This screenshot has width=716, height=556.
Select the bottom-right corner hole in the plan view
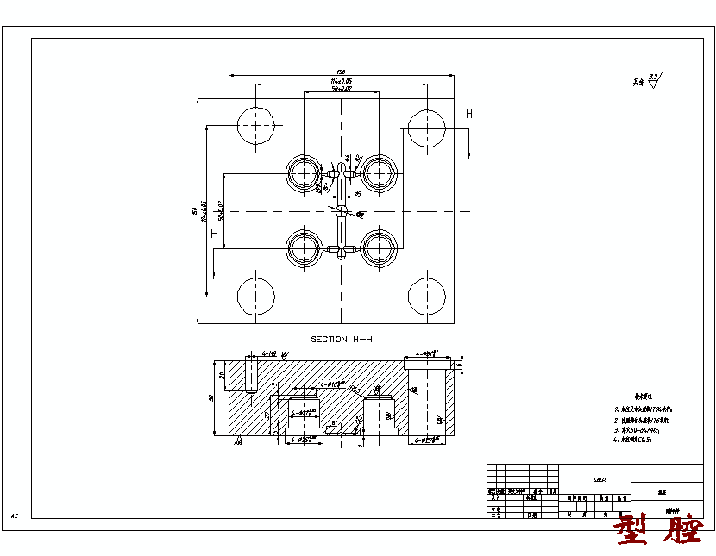point(427,295)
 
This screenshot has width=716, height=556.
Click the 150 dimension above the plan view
point(341,72)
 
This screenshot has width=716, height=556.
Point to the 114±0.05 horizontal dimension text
point(341,81)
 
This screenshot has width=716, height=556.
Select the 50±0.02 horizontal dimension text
point(341,89)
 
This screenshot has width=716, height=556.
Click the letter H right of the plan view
point(469,114)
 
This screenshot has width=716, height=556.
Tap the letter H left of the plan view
point(214,234)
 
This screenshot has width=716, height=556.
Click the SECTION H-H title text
point(342,340)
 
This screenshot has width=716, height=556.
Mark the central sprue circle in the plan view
point(342,210)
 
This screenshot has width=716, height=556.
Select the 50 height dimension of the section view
point(211,398)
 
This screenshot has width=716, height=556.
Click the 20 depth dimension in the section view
point(223,376)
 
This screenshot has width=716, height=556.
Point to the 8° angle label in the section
point(347,422)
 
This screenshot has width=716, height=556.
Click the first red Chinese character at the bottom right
point(634,531)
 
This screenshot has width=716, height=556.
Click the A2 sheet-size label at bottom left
point(15,515)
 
